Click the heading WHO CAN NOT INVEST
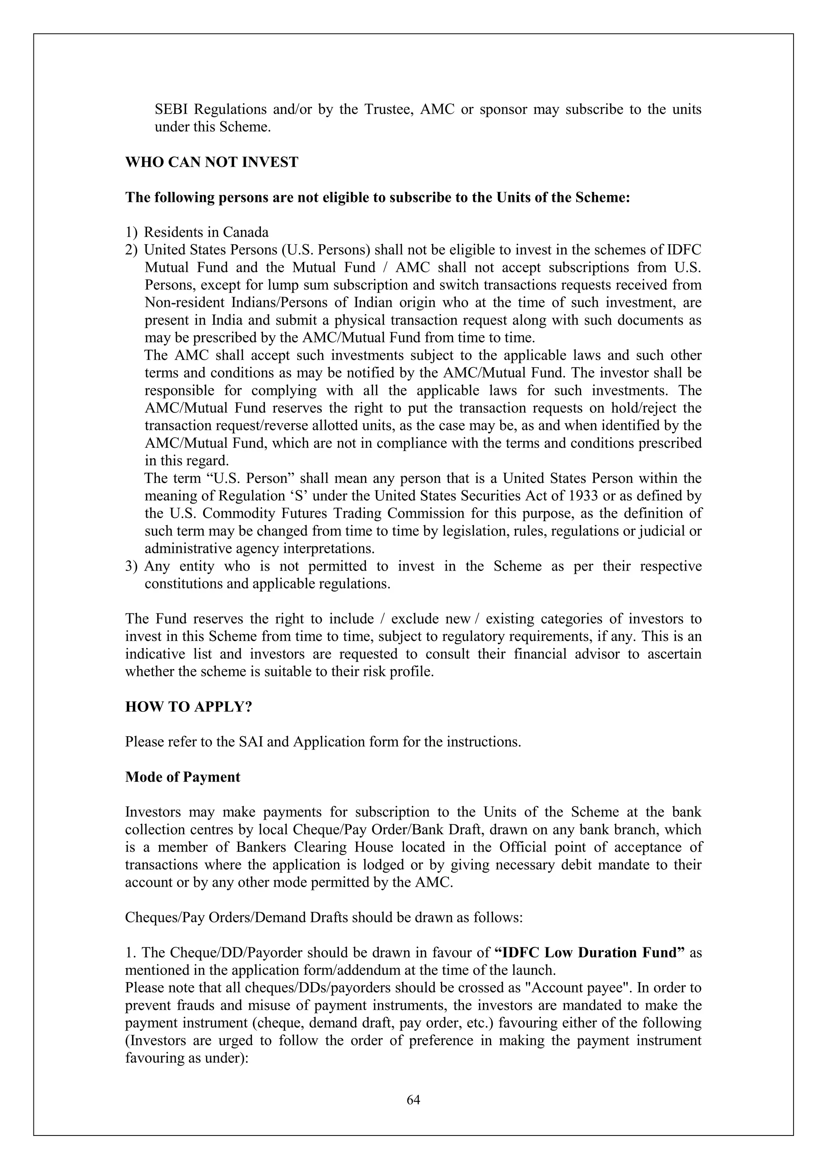coord(211,162)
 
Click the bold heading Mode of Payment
coord(182,777)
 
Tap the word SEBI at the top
coord(172,109)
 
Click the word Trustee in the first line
coord(386,109)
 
